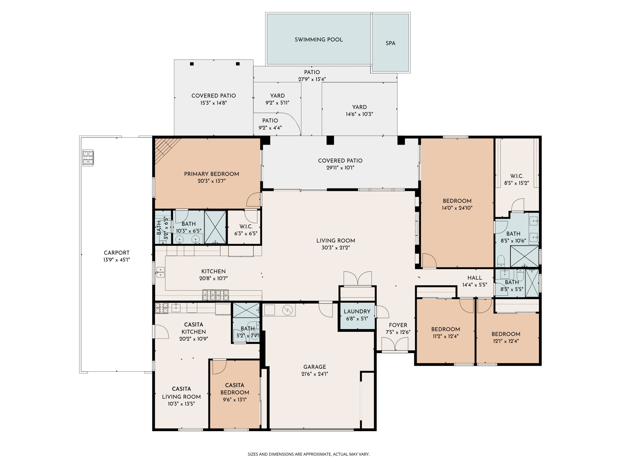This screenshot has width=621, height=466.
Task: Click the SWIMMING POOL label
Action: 318,40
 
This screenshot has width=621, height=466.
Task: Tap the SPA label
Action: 390,43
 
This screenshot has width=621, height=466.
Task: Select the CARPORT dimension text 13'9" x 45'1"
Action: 117,260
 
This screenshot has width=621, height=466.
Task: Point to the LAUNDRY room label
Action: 357,311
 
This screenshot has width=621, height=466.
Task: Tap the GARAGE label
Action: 314,367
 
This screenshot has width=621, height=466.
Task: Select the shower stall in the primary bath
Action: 215,227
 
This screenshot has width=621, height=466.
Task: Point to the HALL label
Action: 474,278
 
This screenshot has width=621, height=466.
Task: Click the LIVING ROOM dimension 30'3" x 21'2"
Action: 336,248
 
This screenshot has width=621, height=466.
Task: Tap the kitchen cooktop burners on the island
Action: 215,295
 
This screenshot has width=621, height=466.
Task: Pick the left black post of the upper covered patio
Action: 192,64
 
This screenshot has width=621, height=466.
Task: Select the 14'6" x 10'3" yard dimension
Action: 359,114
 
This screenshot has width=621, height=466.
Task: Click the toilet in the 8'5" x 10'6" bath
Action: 501,261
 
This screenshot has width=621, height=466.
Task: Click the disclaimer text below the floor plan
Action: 308,454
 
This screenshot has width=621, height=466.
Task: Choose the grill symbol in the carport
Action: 88,158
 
